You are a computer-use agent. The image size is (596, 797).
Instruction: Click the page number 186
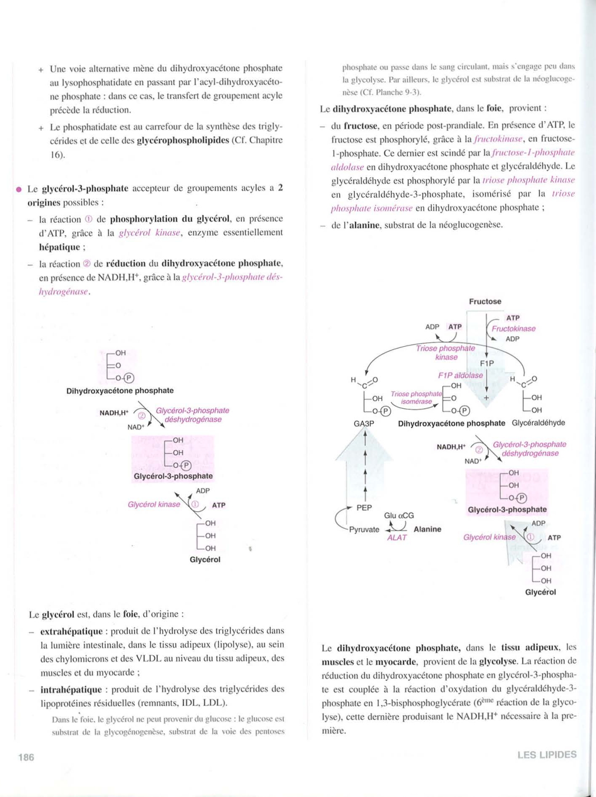26,757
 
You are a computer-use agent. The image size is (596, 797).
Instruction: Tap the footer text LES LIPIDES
546,754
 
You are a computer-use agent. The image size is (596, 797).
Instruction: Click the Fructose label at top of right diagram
485,301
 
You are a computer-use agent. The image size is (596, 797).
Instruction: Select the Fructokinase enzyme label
513,329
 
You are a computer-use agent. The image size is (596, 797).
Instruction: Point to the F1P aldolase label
460,375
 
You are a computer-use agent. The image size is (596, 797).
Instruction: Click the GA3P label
363,424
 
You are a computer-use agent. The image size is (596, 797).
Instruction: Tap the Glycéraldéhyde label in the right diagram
538,423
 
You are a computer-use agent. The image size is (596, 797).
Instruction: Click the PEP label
364,507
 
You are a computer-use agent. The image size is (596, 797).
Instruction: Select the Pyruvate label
364,529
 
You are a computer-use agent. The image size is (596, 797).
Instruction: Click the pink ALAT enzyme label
397,538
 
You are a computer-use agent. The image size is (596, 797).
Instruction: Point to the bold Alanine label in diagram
427,529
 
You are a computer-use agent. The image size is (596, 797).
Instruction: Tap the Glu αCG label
399,515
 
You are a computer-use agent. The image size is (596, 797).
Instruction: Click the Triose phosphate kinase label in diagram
445,352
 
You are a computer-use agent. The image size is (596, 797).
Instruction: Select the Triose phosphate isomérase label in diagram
416,398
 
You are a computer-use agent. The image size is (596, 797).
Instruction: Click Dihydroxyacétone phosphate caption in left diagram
120,390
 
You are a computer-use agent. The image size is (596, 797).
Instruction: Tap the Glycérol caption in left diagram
205,560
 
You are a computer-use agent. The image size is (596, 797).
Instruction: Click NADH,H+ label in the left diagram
114,413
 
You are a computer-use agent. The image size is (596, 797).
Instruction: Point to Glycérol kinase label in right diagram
489,537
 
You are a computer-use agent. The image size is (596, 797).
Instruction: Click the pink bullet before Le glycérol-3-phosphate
18,189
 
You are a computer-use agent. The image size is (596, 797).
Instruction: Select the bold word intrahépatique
71,689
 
